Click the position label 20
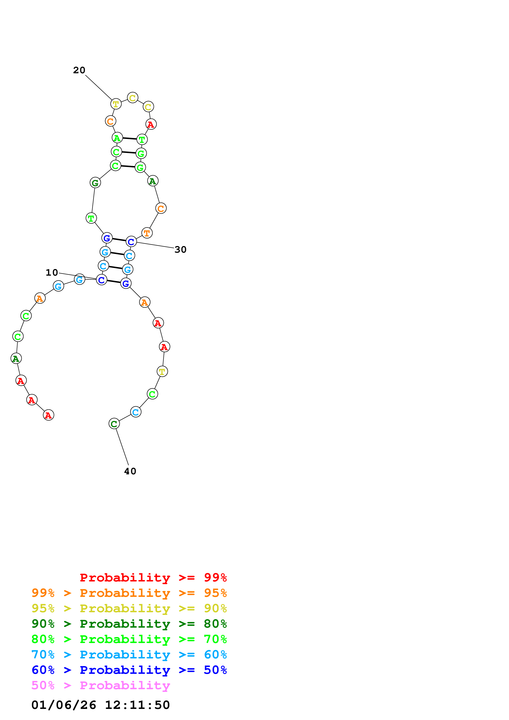(x=79, y=70)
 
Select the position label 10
(x=52, y=273)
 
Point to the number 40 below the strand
(x=130, y=471)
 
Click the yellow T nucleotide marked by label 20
(x=116, y=104)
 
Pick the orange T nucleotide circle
(x=147, y=233)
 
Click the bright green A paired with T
(x=117, y=138)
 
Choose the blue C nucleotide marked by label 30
(x=131, y=242)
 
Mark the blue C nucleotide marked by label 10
(x=101, y=280)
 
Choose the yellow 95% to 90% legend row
(x=129, y=608)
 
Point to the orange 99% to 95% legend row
(x=129, y=593)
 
